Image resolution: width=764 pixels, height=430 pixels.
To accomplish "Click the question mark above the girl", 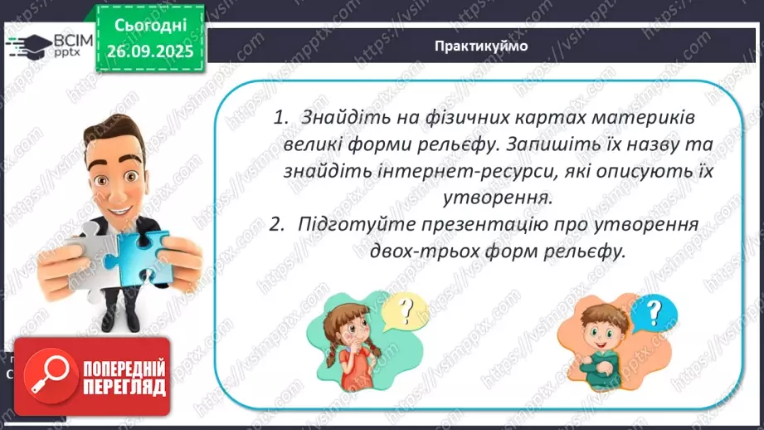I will click(406, 311).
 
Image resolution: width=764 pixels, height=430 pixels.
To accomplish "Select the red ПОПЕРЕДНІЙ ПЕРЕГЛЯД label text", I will click(119, 376).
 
